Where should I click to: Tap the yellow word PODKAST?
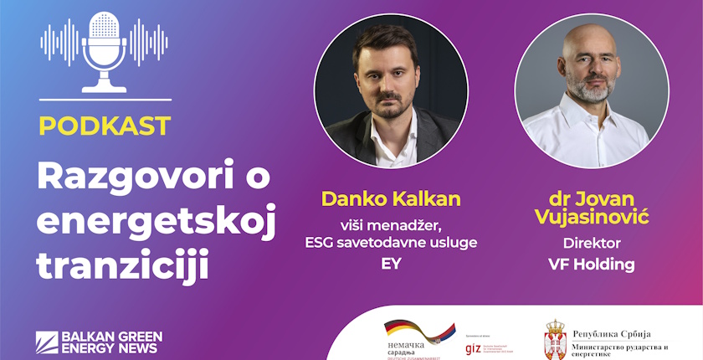pos(105,126)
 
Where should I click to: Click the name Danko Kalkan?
pos(391,199)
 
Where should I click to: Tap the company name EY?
pos(391,264)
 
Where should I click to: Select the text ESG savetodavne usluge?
pos(391,242)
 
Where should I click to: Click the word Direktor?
pos(592,243)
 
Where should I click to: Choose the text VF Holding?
pos(592,265)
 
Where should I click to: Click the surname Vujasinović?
pos(592,217)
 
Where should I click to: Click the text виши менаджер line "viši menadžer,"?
pos(391,224)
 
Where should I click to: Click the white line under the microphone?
pos(105,100)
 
